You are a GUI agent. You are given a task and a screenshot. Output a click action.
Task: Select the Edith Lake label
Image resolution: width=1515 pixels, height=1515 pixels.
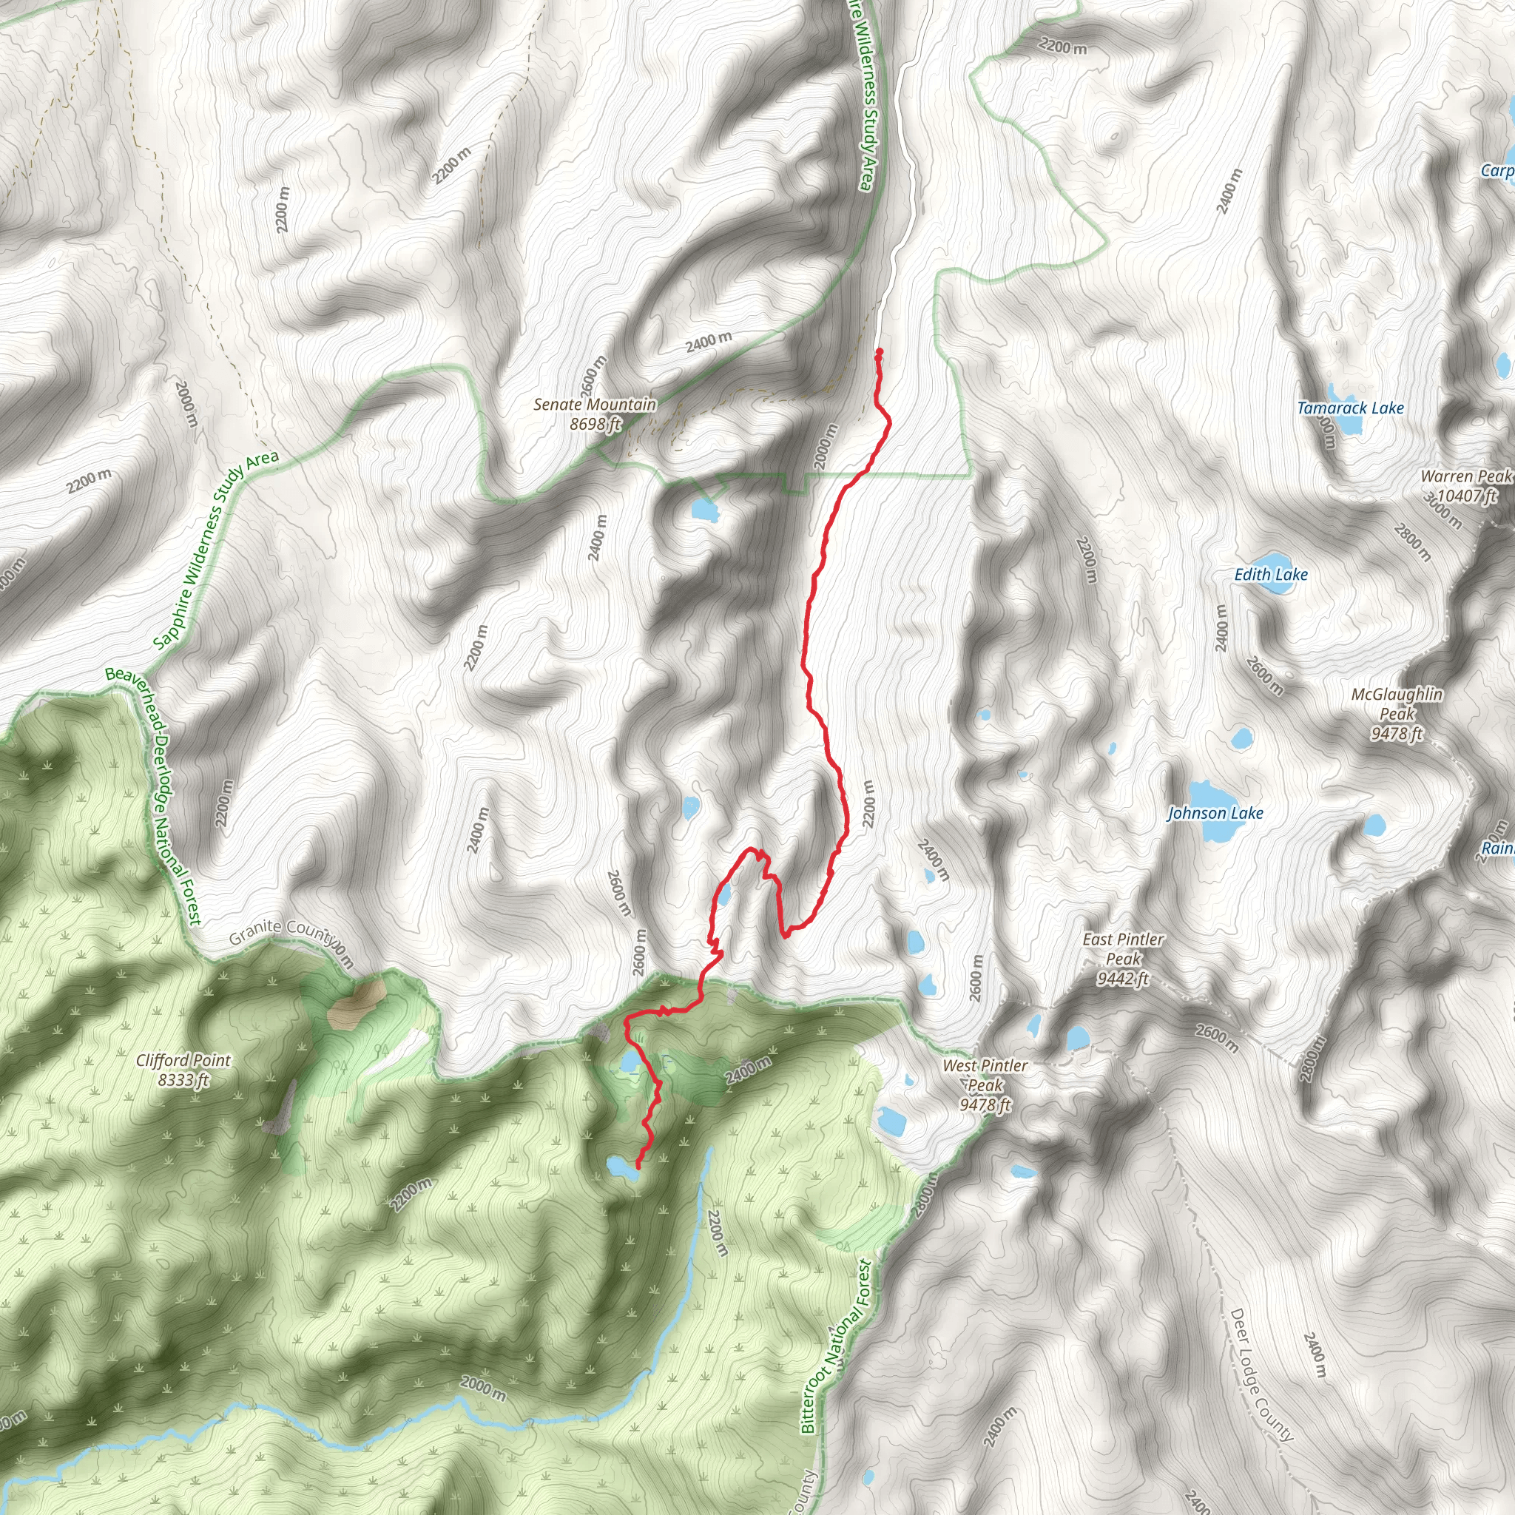[x=1270, y=575]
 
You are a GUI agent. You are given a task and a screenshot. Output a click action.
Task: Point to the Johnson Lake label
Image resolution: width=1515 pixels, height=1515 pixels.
[x=1215, y=813]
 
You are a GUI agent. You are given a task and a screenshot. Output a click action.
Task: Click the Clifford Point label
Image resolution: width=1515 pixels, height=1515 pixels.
[x=183, y=1070]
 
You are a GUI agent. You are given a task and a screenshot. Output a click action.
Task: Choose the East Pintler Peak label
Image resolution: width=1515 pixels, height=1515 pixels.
[x=1123, y=958]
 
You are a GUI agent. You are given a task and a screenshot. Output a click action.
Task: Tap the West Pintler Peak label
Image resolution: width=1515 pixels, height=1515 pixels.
[x=985, y=1085]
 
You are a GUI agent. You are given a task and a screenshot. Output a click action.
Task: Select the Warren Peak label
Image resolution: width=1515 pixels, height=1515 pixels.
[x=1464, y=486]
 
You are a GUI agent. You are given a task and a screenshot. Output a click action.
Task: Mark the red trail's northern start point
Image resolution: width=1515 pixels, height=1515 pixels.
[x=879, y=351]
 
